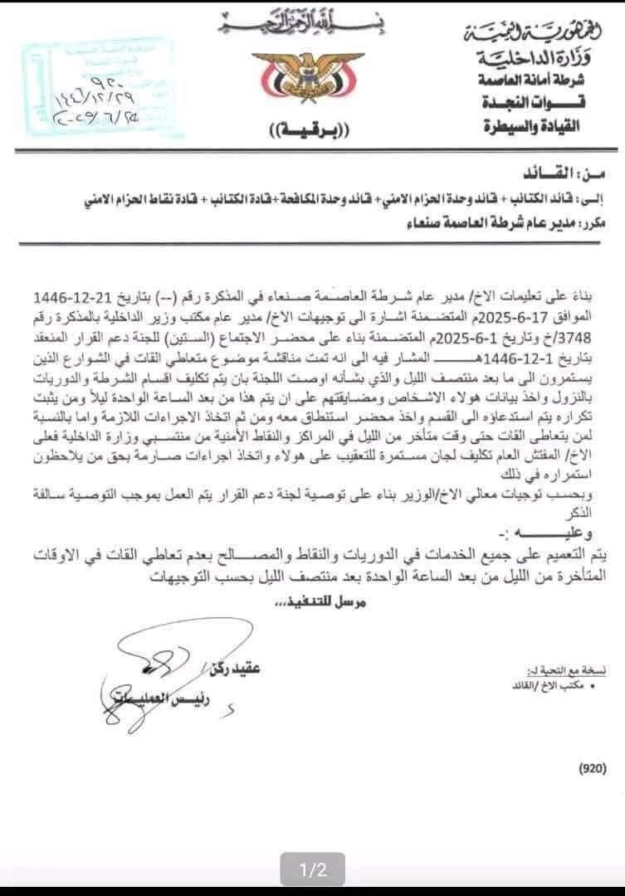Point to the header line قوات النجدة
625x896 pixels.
(532, 103)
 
